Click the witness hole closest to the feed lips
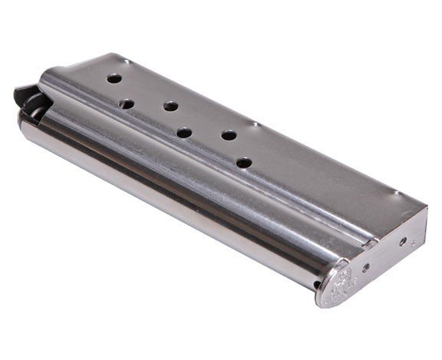coord(113,78)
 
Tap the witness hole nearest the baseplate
coord(242,163)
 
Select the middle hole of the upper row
coord(170,106)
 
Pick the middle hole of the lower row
coord(184,133)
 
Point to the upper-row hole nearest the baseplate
coord(228,135)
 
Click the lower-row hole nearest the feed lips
coord(127,103)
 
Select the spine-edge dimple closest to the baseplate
coord(395,191)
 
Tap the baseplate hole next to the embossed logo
coord(365,267)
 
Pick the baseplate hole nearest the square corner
coord(403,240)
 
